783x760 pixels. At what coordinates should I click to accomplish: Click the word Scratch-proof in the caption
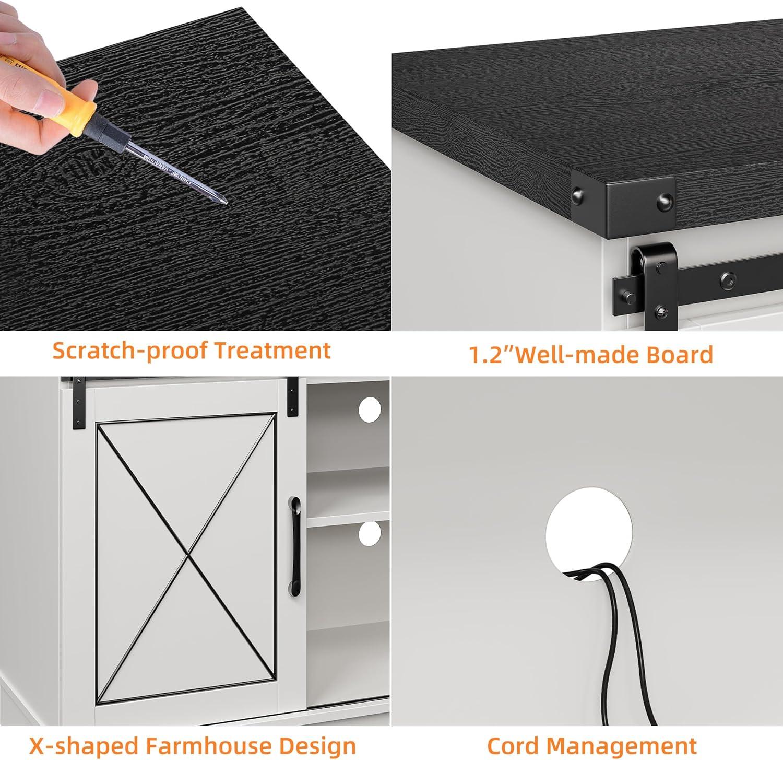[x=132, y=350]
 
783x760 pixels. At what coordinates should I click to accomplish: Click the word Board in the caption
[x=680, y=355]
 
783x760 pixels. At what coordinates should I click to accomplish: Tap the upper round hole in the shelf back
[x=370, y=410]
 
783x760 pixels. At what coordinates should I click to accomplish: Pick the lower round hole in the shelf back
[x=370, y=533]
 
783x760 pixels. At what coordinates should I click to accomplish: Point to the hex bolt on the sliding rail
[x=726, y=279]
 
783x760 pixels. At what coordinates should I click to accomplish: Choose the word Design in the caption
[x=318, y=746]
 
